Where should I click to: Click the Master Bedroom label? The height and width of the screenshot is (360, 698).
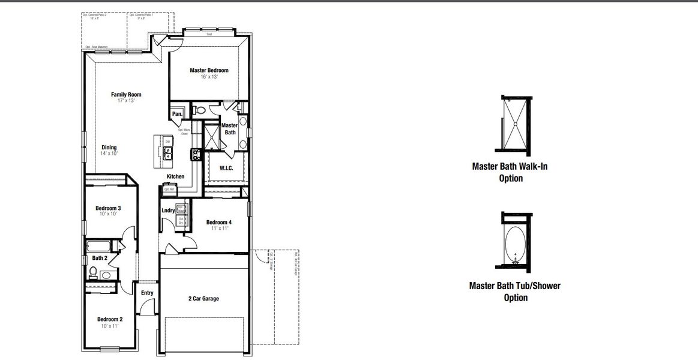click(x=209, y=70)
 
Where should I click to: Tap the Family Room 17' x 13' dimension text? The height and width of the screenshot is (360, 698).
click(x=126, y=101)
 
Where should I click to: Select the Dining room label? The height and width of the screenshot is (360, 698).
click(x=109, y=148)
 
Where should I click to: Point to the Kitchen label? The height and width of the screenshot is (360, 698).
click(x=175, y=176)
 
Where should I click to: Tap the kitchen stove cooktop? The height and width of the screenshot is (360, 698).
click(x=195, y=155)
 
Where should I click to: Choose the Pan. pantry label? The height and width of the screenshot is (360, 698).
click(x=177, y=114)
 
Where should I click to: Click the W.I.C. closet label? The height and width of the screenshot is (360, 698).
click(x=226, y=168)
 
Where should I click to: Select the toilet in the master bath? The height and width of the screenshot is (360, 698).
click(x=200, y=110)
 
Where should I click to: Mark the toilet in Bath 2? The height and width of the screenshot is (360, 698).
click(x=92, y=273)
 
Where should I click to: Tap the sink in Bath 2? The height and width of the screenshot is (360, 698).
click(x=106, y=275)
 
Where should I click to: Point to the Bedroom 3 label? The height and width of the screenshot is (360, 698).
click(x=108, y=208)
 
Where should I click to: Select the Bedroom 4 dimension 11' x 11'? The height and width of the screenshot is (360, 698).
click(x=218, y=229)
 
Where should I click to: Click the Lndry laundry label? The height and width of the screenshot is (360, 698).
click(x=168, y=211)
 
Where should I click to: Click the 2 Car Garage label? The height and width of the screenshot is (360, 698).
click(x=203, y=298)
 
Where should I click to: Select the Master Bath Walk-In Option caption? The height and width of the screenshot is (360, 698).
click(x=510, y=172)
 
